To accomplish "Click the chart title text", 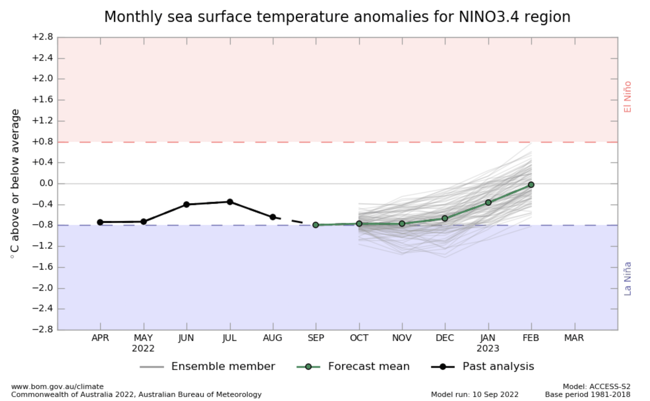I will click(337, 17).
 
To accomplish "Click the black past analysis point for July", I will click(230, 202).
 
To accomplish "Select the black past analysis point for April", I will click(100, 222).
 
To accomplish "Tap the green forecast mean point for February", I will click(531, 185).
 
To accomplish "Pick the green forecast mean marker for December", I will click(445, 218).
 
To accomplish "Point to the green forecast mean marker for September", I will click(316, 225).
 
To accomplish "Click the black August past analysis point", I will click(273, 217).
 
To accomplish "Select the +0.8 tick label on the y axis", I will click(42, 142).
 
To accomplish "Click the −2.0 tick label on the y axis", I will click(42, 288).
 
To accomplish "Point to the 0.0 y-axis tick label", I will click(46, 183).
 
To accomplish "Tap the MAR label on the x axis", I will click(574, 338).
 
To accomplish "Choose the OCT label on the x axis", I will click(359, 338).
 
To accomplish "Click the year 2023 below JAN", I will click(488, 348).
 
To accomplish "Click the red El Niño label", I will click(627, 97).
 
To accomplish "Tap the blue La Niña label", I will click(627, 279).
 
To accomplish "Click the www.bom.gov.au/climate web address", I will click(57, 386).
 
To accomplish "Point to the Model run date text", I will click(475, 395).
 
